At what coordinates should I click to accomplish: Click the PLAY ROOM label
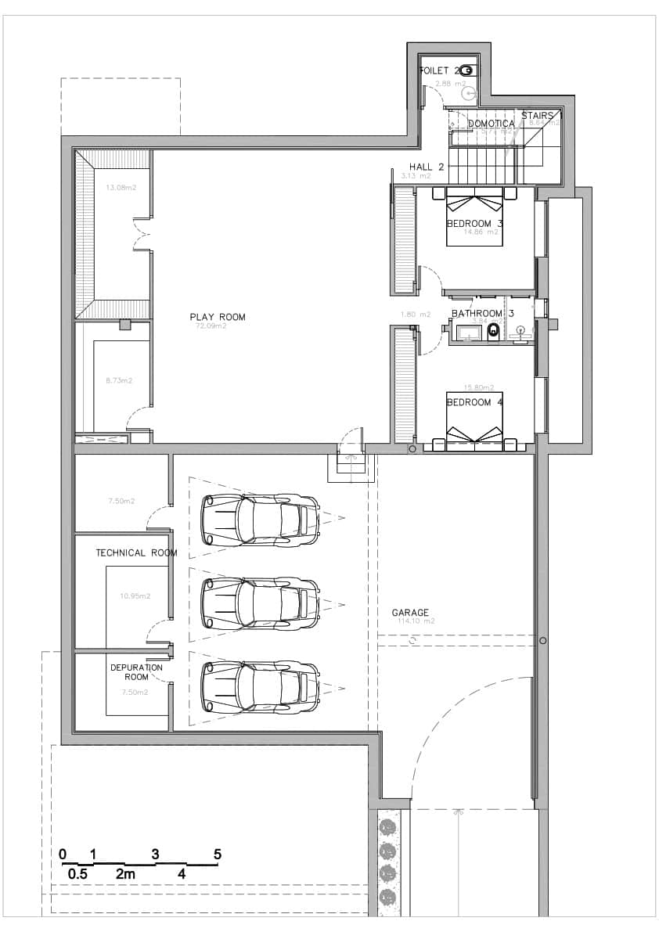pos(217,317)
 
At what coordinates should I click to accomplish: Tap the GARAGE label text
pos(411,613)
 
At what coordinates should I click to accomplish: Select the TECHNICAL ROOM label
pos(136,552)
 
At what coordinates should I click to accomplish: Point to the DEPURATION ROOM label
pos(136,672)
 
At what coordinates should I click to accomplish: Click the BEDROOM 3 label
pos(474,224)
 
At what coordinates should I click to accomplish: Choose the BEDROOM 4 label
pos(474,402)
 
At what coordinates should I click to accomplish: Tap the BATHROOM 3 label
pos(482,314)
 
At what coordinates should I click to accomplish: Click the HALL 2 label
pos(427,167)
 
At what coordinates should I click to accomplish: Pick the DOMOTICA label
pos(492,124)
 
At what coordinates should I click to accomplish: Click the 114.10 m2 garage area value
pos(415,621)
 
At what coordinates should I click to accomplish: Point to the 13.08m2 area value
pos(121,187)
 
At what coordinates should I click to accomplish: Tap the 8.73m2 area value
pos(119,380)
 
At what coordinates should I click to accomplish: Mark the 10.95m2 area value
pos(135,596)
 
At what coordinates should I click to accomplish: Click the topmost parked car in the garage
pos(260,519)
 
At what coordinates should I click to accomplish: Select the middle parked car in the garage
pos(260,603)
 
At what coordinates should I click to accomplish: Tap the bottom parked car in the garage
pos(260,686)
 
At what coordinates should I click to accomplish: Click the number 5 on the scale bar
pos(218,854)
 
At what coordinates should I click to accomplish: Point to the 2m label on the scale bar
pos(124,873)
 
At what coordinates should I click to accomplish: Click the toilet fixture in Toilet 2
pos(467,69)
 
